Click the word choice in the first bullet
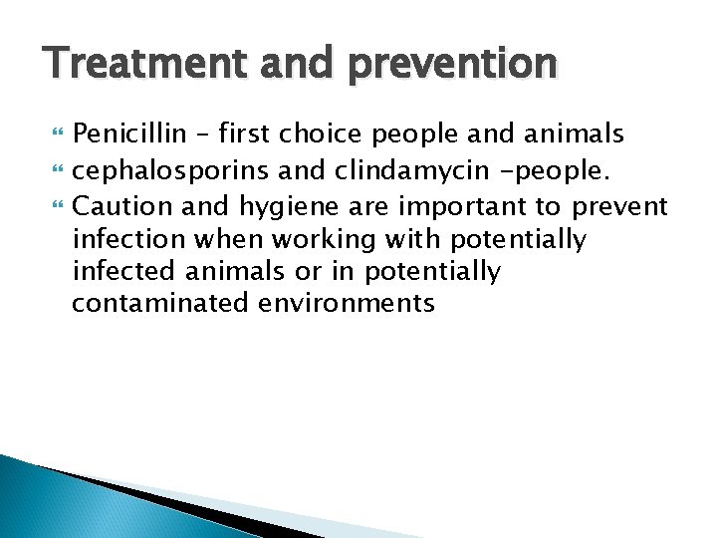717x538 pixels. [318, 134]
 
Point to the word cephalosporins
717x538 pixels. [170, 170]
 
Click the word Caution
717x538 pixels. [118, 206]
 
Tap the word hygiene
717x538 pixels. [284, 206]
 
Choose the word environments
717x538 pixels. [347, 303]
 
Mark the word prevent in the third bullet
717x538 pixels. [619, 206]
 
